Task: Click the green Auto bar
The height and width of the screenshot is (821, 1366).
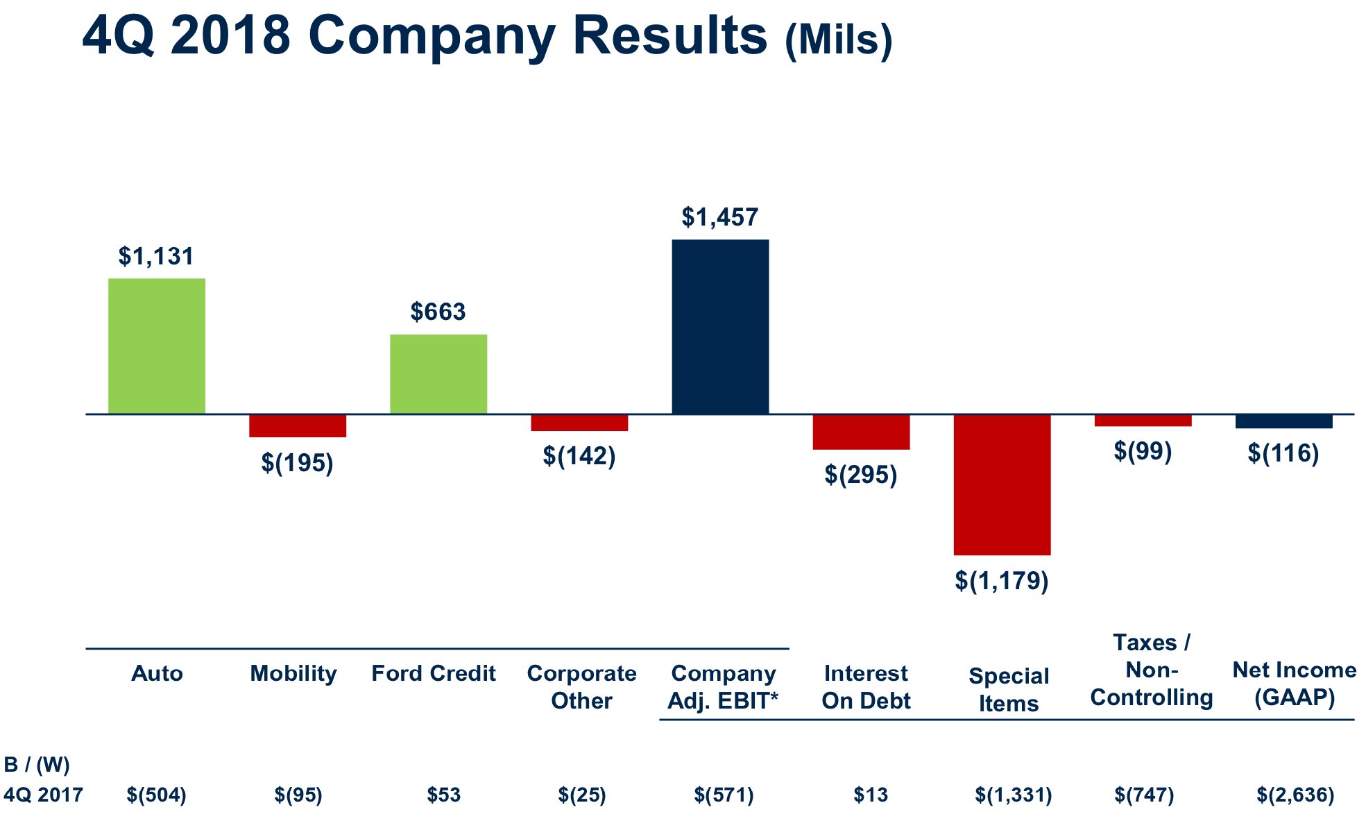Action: [x=157, y=346]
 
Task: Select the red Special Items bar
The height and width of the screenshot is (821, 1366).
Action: [x=1002, y=484]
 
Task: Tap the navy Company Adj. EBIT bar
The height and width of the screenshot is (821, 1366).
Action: [x=720, y=327]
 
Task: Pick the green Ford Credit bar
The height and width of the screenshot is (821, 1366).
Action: [x=438, y=374]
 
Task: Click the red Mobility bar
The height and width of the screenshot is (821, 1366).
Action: [x=298, y=426]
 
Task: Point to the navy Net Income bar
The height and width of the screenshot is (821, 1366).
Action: [x=1283, y=421]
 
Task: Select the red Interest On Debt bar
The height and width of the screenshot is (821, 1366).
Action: [x=861, y=432]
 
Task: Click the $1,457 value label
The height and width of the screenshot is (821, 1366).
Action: [x=719, y=217]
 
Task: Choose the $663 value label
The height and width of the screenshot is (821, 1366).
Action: [x=438, y=312]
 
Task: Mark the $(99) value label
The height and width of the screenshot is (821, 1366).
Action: [x=1143, y=451]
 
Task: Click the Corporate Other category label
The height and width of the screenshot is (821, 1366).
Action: [x=581, y=686]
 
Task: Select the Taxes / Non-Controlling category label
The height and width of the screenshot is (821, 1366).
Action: [x=1151, y=670]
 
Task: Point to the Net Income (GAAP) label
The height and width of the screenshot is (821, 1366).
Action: [x=1294, y=684]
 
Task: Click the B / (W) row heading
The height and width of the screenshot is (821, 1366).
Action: [x=37, y=765]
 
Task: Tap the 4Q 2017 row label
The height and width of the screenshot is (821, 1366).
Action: [x=43, y=795]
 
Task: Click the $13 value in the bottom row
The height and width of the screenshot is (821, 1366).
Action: [x=871, y=795]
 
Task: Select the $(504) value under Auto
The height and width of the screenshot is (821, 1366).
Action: [x=157, y=795]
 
